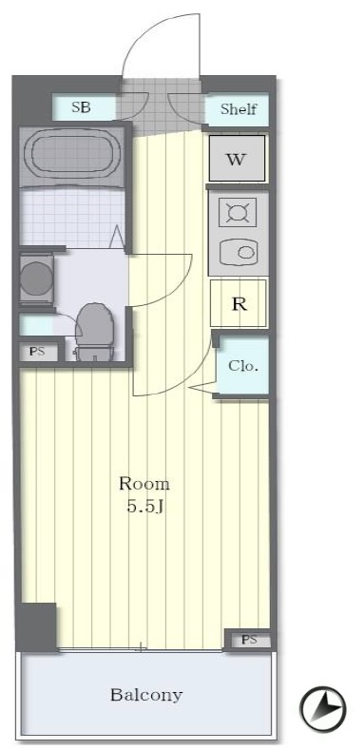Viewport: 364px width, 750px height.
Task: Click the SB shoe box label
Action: [81, 107]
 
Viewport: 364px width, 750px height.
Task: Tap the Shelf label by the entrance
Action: [239, 109]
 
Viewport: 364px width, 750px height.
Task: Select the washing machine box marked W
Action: [237, 159]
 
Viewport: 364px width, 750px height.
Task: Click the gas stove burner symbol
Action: [238, 212]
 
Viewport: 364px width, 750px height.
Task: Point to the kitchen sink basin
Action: [239, 251]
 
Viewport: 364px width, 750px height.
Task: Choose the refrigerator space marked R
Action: [239, 303]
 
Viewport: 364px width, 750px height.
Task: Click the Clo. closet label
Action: [243, 366]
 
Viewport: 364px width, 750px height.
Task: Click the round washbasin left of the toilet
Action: [36, 279]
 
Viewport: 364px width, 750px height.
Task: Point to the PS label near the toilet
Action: [37, 352]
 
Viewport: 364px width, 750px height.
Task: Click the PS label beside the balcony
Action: [249, 640]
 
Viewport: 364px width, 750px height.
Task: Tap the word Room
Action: [144, 484]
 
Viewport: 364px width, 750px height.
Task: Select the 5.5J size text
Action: [145, 507]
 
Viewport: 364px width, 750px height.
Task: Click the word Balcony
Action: [146, 694]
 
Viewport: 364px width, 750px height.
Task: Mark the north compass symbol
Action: [322, 709]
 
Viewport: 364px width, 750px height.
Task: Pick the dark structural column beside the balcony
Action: [36, 626]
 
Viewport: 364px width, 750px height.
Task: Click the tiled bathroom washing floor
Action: [71, 218]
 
